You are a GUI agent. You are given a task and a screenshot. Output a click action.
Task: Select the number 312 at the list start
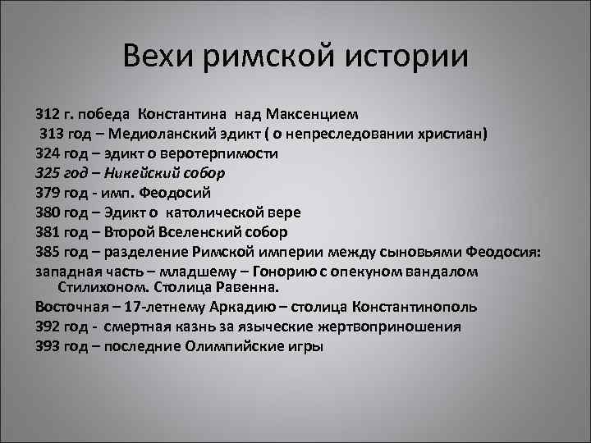pyautogui.click(x=48, y=114)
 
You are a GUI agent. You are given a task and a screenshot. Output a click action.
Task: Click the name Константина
pyautogui.click(x=181, y=114)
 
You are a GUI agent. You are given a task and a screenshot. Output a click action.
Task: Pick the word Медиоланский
pyautogui.click(x=172, y=134)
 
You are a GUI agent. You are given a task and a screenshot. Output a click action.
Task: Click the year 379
pyautogui.click(x=48, y=193)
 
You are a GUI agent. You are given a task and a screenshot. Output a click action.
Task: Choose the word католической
pyautogui.click(x=208, y=212)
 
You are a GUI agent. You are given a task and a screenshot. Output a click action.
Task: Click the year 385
pyautogui.click(x=48, y=252)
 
